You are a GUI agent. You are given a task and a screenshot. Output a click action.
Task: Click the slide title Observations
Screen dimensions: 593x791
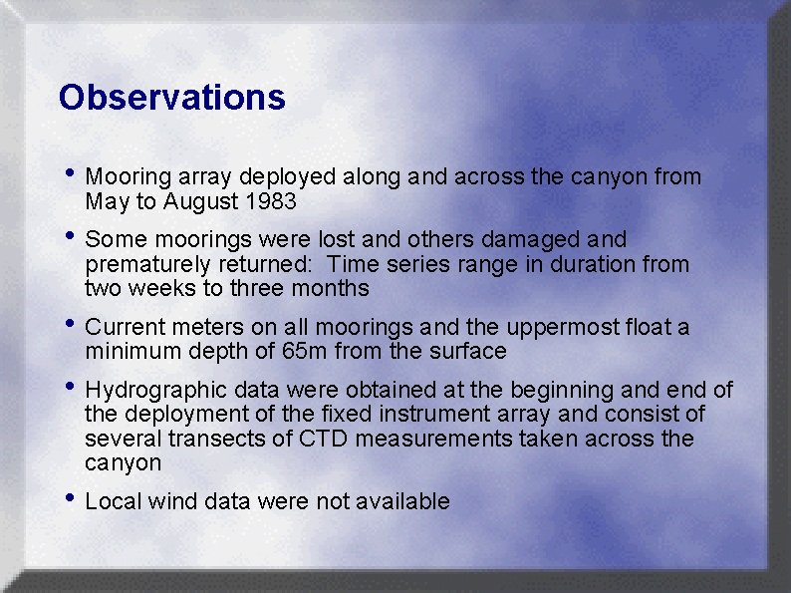click(x=171, y=98)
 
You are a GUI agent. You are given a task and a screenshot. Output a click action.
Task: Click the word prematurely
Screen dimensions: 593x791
click(x=146, y=265)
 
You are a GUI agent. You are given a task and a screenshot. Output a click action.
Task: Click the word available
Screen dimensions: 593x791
click(x=407, y=501)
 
